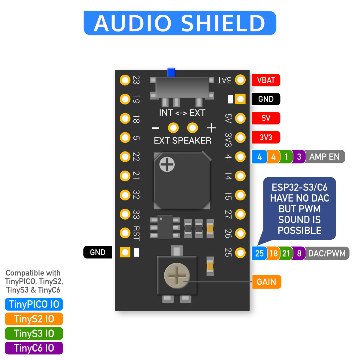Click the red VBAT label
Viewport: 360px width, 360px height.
pos(266,80)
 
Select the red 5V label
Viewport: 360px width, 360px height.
pos(266,118)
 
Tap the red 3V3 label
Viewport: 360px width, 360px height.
pos(266,137)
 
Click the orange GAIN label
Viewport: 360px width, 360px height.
pos(266,282)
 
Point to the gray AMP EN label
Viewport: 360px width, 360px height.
pos(325,157)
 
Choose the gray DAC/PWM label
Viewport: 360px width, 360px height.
pos(327,253)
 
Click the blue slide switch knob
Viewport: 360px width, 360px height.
pos(171,73)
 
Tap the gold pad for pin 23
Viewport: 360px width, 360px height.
pos(125,80)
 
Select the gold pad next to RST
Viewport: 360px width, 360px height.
pos(125,233)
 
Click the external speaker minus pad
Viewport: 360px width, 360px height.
pos(173,128)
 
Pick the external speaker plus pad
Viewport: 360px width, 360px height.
pos(192,128)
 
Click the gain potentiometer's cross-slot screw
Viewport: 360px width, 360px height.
pos(177,276)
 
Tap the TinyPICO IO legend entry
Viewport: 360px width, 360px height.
pos(34,304)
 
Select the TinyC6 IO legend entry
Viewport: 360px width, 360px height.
pos(34,348)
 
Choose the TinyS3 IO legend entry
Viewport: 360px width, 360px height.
pos(34,333)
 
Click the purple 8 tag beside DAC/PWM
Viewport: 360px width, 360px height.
pos(299,253)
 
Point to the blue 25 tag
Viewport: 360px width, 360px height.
pos(259,253)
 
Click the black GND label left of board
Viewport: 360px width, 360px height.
pos(97,252)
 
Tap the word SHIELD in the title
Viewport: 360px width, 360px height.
pos(223,23)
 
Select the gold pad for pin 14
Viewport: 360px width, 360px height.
pos(240,176)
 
